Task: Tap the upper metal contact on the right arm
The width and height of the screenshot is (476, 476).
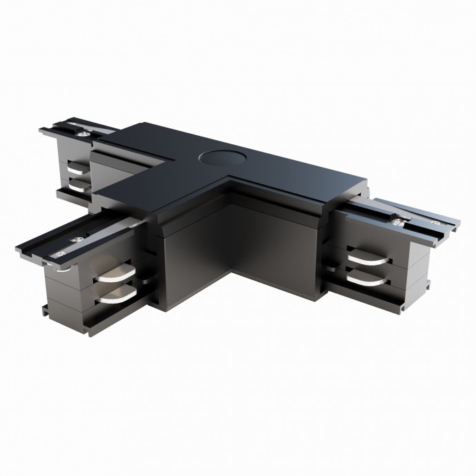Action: [x=369, y=259]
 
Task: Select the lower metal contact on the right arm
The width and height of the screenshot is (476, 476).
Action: [x=370, y=277]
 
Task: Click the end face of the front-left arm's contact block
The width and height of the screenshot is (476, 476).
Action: [x=66, y=283]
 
